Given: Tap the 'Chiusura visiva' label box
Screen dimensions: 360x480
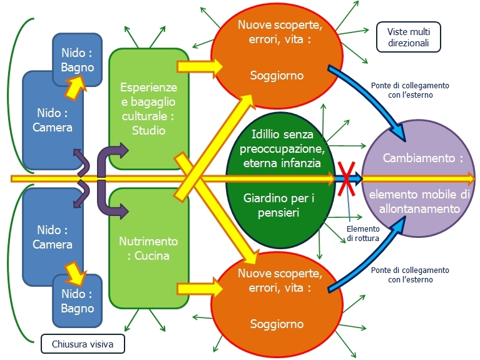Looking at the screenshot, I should pos(82,343).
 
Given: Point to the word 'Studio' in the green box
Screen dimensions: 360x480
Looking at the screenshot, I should pos(149,130).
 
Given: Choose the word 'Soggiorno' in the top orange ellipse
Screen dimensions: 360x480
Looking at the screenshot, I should pos(277,76).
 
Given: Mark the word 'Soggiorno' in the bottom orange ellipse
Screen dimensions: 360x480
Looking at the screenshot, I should pos(277,324).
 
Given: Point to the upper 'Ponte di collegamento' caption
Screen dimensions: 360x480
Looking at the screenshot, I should pos(410,90).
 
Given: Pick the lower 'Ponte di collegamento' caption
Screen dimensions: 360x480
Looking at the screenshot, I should pos(410,275).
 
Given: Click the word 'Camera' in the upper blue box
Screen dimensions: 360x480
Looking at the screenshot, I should pos(53,127).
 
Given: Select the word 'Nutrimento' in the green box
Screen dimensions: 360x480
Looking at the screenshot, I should pos(148,241).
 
